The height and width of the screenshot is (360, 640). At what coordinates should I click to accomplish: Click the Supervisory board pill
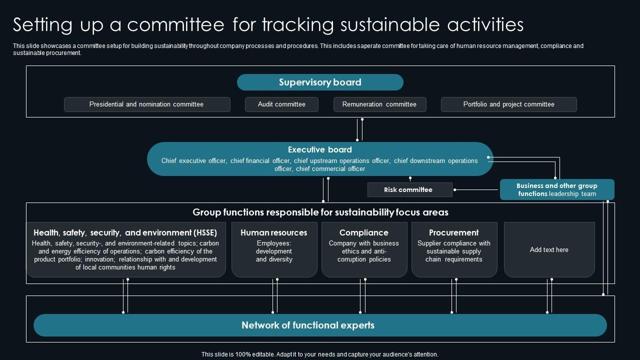click(320, 82)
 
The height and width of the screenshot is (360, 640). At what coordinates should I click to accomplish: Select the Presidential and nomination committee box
click(146, 104)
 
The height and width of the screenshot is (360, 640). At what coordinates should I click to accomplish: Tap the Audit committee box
click(281, 104)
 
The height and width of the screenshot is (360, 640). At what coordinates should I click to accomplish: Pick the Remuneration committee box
click(379, 104)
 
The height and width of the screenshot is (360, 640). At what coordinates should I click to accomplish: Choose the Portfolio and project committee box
click(508, 104)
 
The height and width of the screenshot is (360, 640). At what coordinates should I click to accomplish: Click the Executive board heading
click(320, 149)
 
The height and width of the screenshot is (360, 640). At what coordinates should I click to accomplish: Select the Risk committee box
click(408, 190)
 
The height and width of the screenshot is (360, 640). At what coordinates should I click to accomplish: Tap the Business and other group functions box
click(557, 190)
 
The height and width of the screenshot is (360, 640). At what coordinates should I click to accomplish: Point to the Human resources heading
click(274, 232)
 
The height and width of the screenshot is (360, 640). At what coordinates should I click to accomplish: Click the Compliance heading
click(364, 232)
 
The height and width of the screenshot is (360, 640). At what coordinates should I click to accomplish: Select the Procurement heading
click(454, 232)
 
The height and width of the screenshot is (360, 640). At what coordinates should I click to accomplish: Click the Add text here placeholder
click(549, 249)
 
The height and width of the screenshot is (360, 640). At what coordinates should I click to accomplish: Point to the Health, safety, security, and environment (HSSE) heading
click(125, 232)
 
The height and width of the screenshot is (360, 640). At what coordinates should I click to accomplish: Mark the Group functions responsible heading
click(320, 212)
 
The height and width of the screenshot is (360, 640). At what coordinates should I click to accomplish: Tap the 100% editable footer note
click(320, 354)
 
